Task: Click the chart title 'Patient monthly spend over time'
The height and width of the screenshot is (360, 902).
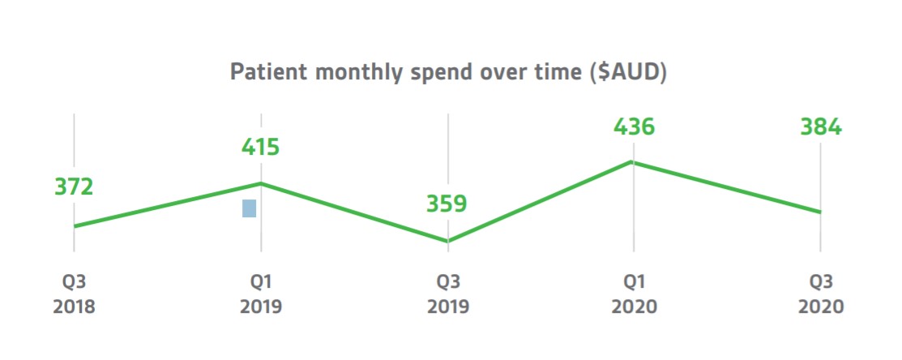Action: [448, 72]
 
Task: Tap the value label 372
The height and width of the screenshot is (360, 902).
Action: [75, 187]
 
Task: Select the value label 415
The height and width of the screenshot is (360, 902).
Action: [260, 148]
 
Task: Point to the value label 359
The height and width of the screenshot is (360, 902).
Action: [447, 204]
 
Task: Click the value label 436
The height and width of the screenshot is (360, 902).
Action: [634, 127]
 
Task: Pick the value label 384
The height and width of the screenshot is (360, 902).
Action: [821, 127]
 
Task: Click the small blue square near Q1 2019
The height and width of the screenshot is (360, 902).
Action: [249, 208]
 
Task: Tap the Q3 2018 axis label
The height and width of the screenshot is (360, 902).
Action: [75, 294]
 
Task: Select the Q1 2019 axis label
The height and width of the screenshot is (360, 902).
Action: [260, 294]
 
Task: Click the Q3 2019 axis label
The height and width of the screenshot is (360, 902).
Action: [447, 294]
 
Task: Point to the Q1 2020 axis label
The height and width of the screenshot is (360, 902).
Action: [634, 294]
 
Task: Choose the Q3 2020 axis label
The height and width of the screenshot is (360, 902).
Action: [821, 294]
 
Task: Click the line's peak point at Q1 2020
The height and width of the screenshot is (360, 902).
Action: [634, 162]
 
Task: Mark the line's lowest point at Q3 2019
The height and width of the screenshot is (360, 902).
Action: [447, 241]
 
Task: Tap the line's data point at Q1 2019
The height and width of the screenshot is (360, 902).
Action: [261, 183]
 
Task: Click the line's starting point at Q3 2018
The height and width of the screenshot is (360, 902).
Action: [75, 226]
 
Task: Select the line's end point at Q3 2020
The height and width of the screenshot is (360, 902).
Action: [820, 212]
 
